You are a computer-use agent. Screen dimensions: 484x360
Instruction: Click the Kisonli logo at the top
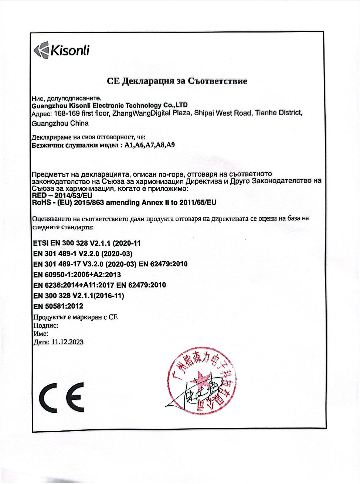pyautogui.click(x=61, y=50)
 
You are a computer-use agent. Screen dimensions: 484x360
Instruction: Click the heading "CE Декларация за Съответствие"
pyautogui.click(x=177, y=81)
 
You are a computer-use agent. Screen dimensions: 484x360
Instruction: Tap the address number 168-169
pyautogui.click(x=67, y=113)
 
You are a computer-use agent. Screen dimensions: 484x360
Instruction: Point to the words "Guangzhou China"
pyautogui.click(x=60, y=123)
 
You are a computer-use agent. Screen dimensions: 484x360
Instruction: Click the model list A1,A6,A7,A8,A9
pyautogui.click(x=149, y=145)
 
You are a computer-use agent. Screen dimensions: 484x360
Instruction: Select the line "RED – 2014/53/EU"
pyautogui.click(x=62, y=195)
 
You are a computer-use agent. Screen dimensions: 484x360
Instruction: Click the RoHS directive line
pyautogui.click(x=124, y=203)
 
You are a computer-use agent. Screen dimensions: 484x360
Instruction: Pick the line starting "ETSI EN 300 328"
pyautogui.click(x=87, y=243)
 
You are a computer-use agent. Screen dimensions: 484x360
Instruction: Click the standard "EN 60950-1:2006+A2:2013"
pyautogui.click(x=77, y=275)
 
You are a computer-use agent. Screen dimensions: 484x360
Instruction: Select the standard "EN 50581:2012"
pyautogui.click(x=58, y=306)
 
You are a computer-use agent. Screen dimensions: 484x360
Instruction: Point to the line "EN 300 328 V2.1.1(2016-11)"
pyautogui.click(x=79, y=296)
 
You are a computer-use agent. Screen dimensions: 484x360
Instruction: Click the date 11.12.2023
pyautogui.click(x=67, y=342)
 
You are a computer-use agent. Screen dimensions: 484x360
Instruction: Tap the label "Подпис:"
pyautogui.click(x=46, y=325)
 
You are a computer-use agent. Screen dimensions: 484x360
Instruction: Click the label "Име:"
pyautogui.click(x=41, y=334)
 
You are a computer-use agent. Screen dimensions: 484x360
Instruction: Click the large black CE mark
pyautogui.click(x=61, y=398)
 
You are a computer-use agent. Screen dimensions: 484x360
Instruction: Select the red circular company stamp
pyautogui.click(x=201, y=381)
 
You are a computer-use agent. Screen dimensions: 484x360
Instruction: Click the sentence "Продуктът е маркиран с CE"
pyautogui.click(x=75, y=317)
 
